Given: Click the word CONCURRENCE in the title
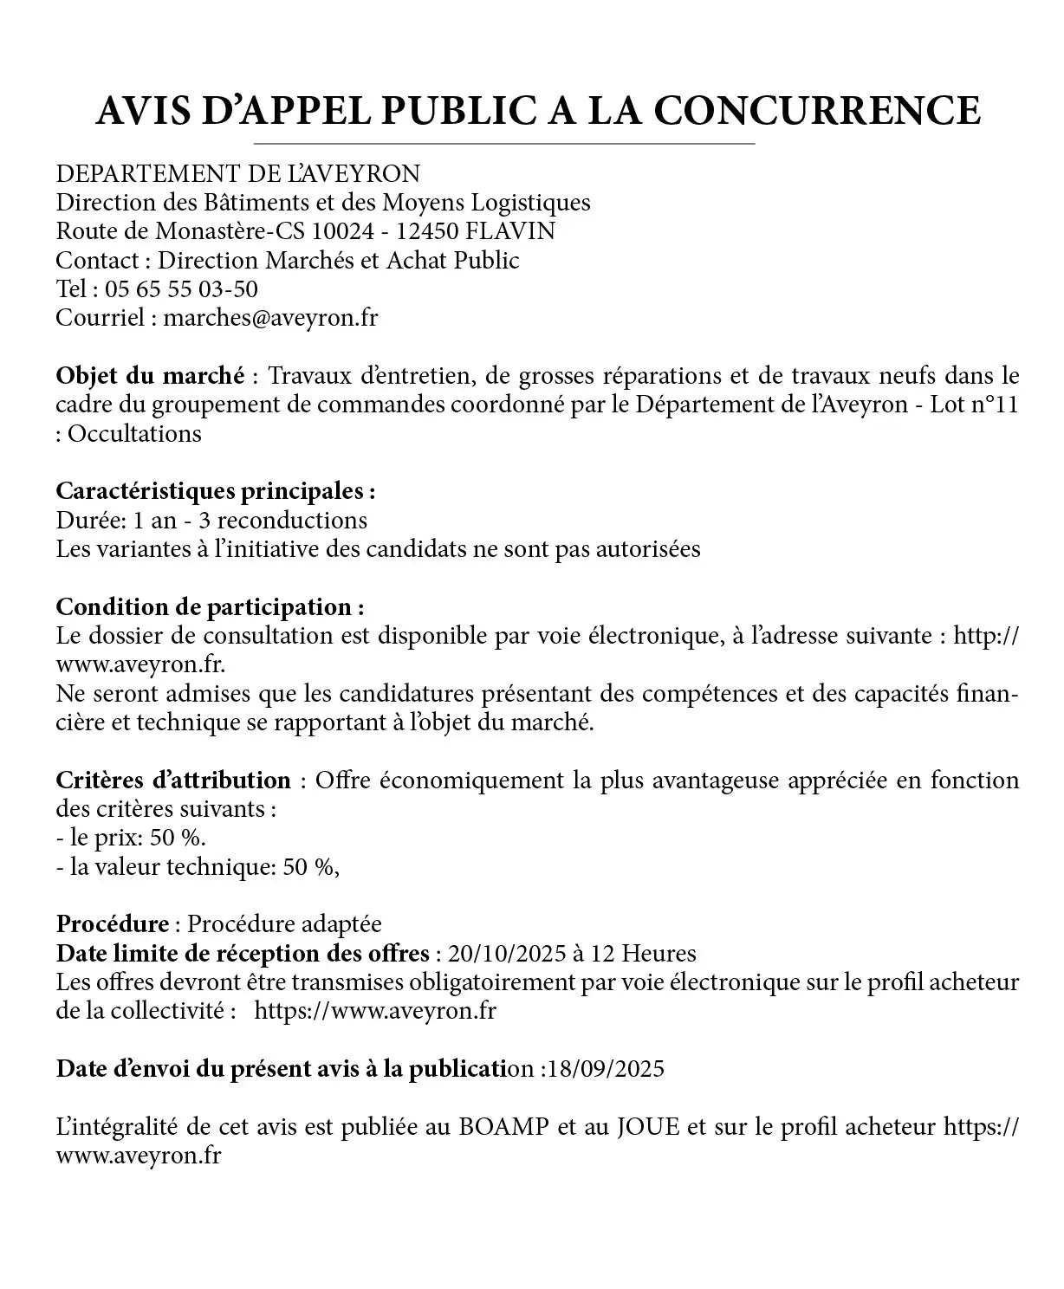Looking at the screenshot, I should click(x=816, y=111).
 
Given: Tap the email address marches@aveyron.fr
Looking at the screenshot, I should click(x=271, y=317).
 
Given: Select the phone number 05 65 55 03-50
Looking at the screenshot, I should click(x=182, y=288).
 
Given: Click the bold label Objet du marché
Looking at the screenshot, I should click(x=150, y=376).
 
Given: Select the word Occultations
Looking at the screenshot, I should click(x=134, y=433).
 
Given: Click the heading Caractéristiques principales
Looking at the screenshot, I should click(x=215, y=491).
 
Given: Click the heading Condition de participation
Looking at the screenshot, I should click(x=210, y=606).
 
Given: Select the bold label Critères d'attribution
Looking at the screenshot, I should click(x=173, y=780).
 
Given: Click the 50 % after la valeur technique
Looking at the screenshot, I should click(x=310, y=866).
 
